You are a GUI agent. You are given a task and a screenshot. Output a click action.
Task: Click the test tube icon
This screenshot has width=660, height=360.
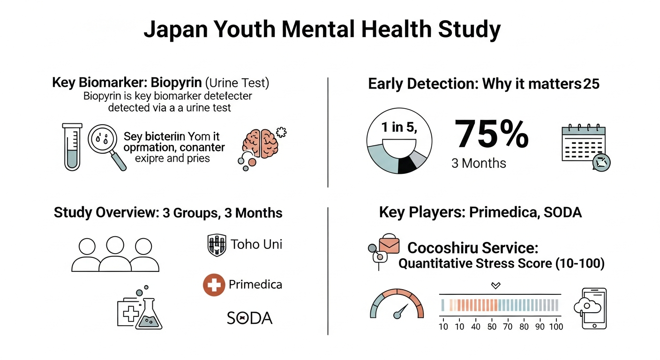tap(72, 146)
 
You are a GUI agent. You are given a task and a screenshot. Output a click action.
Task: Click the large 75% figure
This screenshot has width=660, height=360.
tap(491, 134)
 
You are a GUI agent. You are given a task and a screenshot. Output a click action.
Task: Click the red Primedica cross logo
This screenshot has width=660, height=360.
tap(214, 285)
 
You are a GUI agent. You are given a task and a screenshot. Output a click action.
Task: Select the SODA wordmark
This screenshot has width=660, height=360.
tap(249, 318)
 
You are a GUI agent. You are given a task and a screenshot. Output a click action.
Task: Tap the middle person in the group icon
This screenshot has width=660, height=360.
tap(115, 254)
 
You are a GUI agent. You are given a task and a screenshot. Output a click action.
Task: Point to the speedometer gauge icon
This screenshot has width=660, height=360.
tap(397, 304)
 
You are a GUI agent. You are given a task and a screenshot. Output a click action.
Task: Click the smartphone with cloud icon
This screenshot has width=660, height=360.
tap(591, 307)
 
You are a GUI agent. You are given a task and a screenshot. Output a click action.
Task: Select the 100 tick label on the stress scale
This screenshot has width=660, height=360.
tap(556, 327)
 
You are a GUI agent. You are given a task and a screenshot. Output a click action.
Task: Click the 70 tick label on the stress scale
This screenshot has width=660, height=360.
tap(508, 327)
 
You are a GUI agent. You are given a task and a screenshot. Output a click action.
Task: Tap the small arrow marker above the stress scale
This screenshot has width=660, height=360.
tap(495, 285)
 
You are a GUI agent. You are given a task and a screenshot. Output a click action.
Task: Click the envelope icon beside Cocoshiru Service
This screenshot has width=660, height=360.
tap(389, 244)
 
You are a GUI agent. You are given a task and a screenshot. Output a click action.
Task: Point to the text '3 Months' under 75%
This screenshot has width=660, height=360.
tap(479, 164)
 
